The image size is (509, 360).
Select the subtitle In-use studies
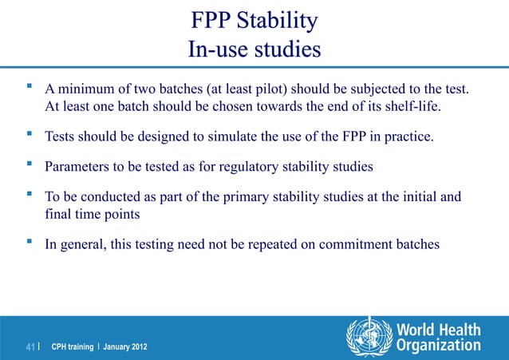click(254, 49)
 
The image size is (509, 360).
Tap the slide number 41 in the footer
click(31, 346)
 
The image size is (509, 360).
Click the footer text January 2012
click(123, 347)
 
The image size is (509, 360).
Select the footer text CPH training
click(69, 347)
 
